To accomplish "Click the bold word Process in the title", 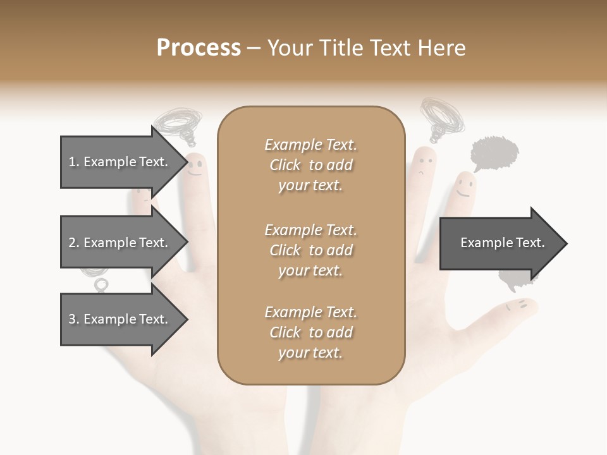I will click(x=199, y=47).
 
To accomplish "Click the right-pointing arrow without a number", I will click(x=500, y=243).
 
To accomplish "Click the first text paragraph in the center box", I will click(x=310, y=165).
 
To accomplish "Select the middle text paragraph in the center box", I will click(x=310, y=250).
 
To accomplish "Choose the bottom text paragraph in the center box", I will click(x=310, y=332).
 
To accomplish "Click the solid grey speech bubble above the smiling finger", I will click(x=495, y=152).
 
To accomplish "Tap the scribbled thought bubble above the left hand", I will click(x=180, y=122).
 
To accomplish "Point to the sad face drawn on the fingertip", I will click(x=423, y=162).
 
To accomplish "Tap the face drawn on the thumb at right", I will click(x=517, y=306).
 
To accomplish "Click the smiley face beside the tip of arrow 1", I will click(x=195, y=167).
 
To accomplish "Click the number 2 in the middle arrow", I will click(x=71, y=243).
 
